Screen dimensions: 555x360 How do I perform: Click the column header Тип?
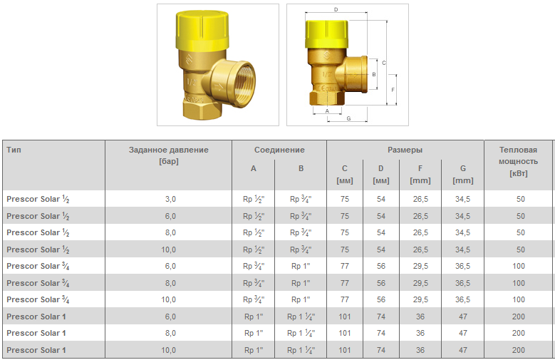coord(14,150)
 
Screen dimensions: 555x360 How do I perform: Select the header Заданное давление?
coord(168,155)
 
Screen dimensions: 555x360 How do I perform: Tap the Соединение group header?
coord(279,150)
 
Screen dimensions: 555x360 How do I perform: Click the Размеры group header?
coord(405,150)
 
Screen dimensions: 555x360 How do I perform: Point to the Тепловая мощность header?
coord(518,161)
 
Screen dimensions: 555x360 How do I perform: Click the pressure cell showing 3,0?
coord(170,199)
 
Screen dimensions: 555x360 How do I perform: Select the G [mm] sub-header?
coord(462,174)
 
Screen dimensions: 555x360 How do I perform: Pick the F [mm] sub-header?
coord(420,174)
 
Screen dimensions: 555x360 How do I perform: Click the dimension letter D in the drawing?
coord(336,9)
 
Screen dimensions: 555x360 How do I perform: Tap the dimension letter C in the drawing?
coord(384,63)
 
